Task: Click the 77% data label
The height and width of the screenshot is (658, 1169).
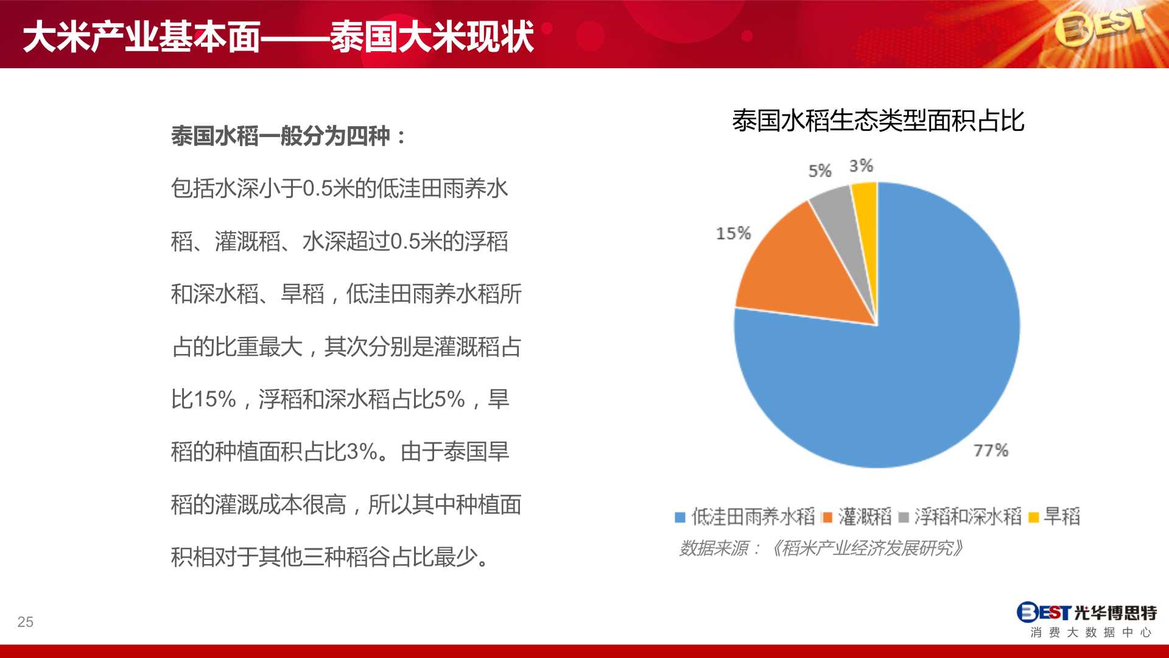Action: tap(991, 450)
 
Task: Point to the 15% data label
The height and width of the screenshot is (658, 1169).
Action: tap(733, 233)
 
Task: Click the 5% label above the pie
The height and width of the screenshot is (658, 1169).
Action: tap(820, 171)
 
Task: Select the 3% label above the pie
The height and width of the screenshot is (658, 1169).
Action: tap(861, 166)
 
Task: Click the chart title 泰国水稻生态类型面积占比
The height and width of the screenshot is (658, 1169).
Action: tap(878, 121)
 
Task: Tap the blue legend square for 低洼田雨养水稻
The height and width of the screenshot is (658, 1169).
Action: tap(680, 518)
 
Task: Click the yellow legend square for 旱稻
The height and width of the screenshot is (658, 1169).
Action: tap(1033, 518)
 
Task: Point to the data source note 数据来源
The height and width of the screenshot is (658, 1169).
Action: tap(821, 548)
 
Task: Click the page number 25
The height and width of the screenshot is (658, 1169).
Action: tap(25, 622)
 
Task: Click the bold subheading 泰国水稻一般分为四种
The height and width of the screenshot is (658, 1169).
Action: tap(288, 136)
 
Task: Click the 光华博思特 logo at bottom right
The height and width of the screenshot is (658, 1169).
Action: tap(1087, 620)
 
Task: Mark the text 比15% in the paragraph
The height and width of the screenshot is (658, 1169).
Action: tap(203, 400)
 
